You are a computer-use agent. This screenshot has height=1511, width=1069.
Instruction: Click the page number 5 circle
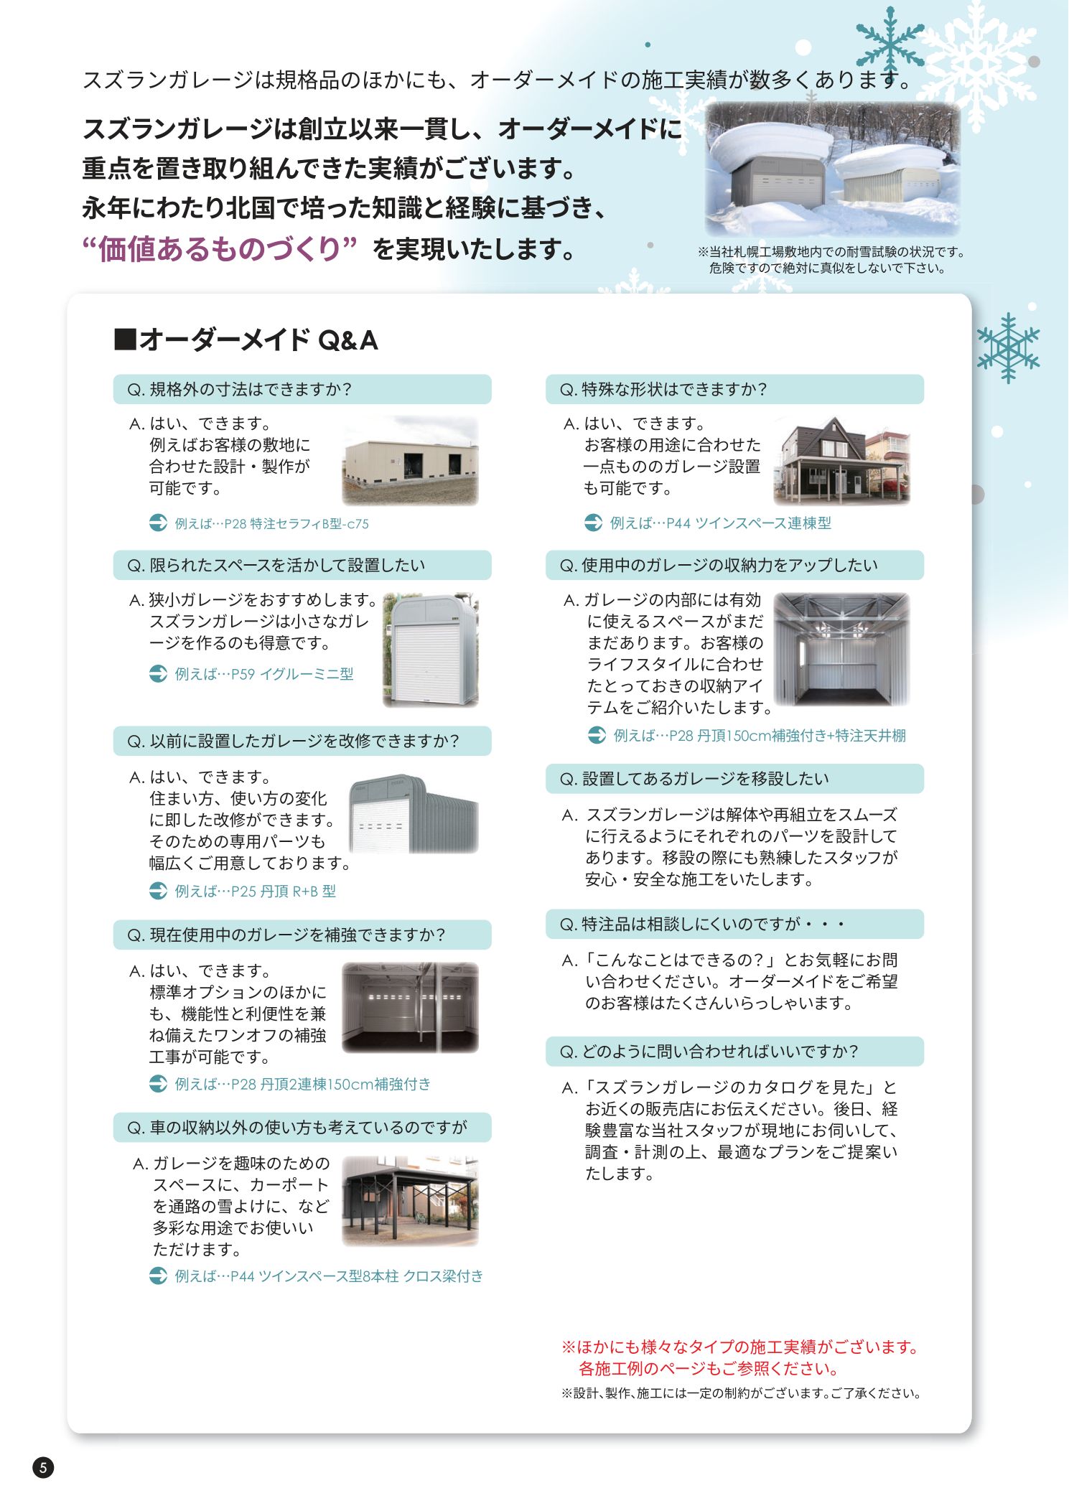click(x=43, y=1467)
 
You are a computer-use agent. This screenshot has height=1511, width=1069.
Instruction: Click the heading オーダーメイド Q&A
click(x=246, y=340)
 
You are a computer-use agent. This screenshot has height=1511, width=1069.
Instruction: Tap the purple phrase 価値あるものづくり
click(x=220, y=249)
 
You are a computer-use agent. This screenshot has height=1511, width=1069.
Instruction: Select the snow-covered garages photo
click(x=832, y=169)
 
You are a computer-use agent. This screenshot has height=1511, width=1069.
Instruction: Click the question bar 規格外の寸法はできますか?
click(x=302, y=390)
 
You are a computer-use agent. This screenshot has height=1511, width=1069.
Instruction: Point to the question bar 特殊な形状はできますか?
click(x=734, y=390)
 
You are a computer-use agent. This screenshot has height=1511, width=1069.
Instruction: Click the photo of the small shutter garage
click(x=430, y=650)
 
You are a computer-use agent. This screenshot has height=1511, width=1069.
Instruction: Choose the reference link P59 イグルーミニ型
click(x=264, y=674)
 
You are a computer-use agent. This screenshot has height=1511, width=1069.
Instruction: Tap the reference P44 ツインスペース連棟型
click(x=720, y=523)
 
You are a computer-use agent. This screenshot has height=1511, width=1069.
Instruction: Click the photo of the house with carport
click(x=841, y=461)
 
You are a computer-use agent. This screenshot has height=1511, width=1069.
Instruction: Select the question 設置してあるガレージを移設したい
click(x=734, y=779)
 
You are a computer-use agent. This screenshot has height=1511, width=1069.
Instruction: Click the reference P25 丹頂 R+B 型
click(x=255, y=892)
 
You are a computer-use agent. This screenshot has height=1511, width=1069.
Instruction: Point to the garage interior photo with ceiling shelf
click(x=841, y=649)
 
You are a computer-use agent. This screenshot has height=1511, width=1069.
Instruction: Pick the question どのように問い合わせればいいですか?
click(x=734, y=1052)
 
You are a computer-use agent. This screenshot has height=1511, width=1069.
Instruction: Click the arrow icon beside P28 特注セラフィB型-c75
click(x=158, y=523)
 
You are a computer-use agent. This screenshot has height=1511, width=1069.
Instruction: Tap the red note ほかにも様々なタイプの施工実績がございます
click(x=740, y=1347)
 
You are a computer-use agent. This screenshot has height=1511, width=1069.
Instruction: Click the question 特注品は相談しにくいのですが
click(x=734, y=925)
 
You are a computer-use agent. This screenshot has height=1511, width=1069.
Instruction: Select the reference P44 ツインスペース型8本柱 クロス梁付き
click(x=329, y=1276)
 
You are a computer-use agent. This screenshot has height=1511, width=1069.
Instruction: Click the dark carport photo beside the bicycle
click(x=410, y=1200)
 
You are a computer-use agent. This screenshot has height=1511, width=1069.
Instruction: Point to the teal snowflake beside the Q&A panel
click(x=1008, y=347)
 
